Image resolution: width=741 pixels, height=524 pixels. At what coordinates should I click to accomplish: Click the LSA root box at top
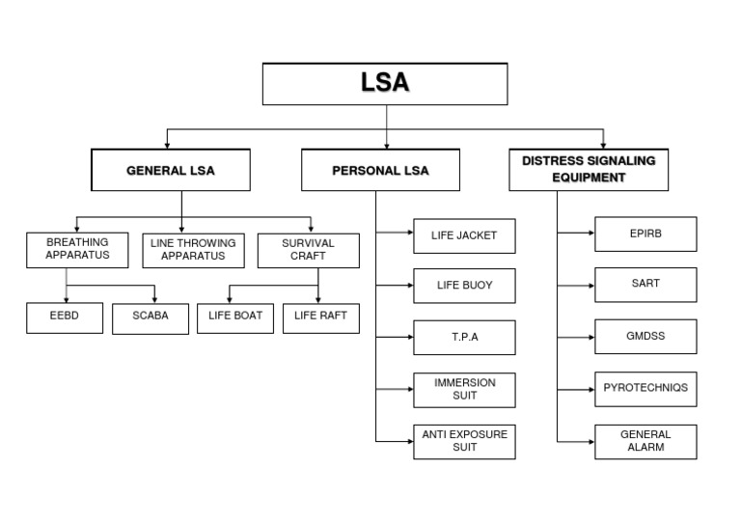tap(385, 84)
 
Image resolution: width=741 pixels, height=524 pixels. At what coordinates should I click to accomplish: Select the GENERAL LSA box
tap(171, 171)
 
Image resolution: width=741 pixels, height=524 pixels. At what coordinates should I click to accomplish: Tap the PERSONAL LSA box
tap(380, 171)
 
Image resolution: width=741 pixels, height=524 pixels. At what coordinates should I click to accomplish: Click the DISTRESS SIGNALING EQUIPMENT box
tap(588, 170)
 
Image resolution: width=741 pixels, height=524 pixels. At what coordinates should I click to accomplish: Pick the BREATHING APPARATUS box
tap(77, 249)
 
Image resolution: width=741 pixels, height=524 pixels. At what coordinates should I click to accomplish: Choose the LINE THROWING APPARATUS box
tap(193, 250)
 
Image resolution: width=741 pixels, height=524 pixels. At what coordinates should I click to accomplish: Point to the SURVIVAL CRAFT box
tap(308, 250)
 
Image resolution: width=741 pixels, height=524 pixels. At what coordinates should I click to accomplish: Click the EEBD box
tap(64, 317)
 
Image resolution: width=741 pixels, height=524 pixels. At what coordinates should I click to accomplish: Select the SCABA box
tap(150, 317)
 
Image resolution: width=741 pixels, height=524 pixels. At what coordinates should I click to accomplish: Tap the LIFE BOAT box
tap(235, 317)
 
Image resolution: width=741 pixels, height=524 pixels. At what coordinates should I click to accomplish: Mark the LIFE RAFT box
tap(320, 317)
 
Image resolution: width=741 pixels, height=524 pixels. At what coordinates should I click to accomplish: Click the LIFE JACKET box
tap(464, 235)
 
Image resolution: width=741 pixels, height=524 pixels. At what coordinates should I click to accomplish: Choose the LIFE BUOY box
tap(464, 286)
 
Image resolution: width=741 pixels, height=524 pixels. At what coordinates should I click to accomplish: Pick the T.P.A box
tap(464, 337)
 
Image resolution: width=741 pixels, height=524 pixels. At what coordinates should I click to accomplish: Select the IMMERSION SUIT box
tap(464, 389)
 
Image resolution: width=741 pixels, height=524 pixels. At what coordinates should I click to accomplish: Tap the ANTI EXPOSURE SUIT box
tap(464, 441)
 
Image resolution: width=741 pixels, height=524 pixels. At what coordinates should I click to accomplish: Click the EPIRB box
tap(645, 234)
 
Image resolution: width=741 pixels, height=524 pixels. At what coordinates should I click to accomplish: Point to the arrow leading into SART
tap(576, 286)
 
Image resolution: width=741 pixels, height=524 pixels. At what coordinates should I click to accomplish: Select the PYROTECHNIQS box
tap(645, 388)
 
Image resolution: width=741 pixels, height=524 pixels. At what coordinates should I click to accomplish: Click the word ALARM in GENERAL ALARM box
tap(645, 448)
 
